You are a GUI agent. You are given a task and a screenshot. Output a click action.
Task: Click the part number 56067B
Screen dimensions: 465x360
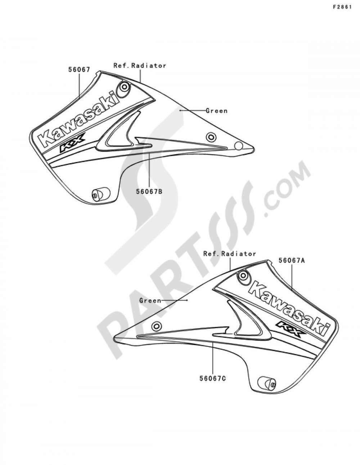point(149,192)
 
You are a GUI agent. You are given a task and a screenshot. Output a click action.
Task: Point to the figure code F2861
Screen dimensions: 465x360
point(342,7)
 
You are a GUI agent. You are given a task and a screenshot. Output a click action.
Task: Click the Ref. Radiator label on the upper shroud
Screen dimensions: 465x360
point(140,66)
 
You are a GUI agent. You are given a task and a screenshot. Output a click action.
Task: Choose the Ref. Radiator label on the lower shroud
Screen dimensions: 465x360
point(230,254)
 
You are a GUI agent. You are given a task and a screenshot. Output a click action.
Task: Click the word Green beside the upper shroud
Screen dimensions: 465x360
point(217,111)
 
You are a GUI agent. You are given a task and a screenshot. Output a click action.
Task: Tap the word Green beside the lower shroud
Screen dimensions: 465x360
point(150,300)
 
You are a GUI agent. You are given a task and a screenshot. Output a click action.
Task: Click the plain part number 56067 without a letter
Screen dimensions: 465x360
point(79,70)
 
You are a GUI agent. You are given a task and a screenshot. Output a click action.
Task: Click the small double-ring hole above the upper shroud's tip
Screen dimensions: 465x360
point(211,137)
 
